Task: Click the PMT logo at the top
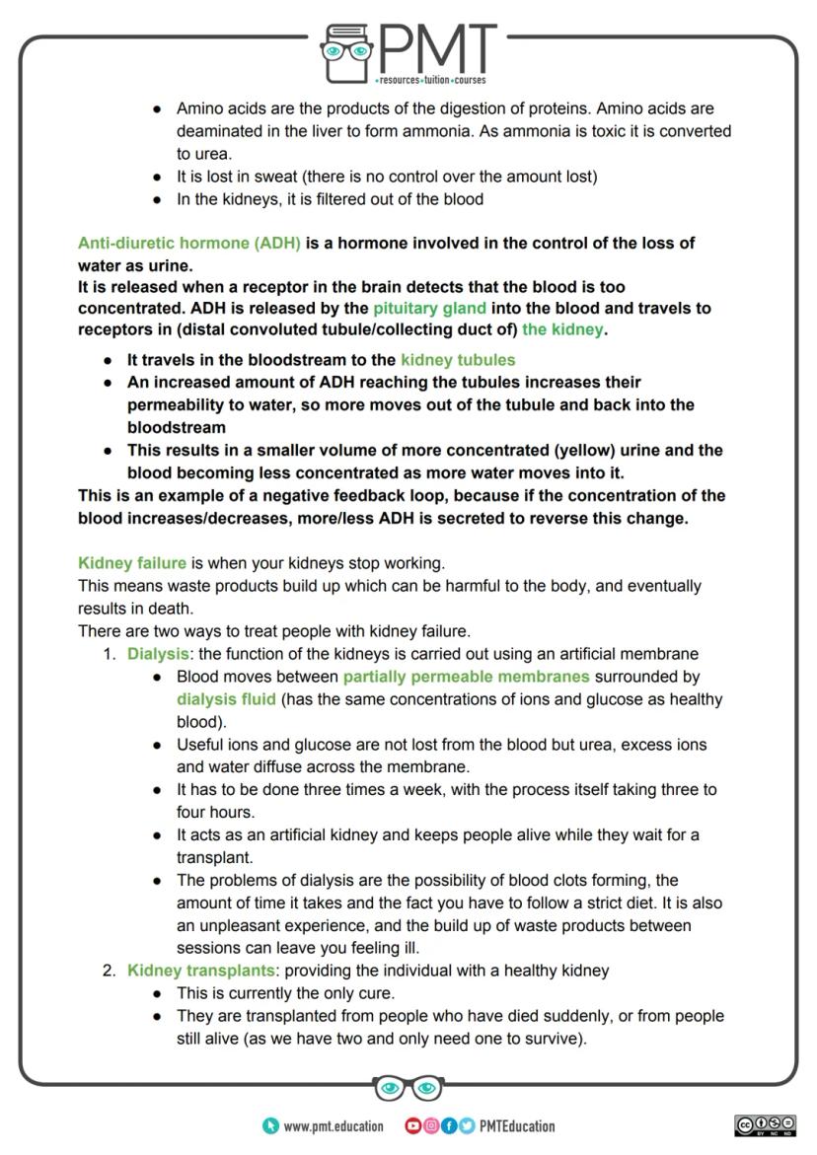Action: (408, 51)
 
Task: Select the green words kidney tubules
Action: (458, 360)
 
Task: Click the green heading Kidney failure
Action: (132, 563)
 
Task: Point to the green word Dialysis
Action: (158, 654)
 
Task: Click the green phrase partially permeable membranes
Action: (466, 677)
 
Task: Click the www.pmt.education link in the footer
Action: (334, 1126)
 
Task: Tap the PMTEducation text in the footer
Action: (517, 1126)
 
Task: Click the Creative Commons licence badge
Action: (765, 1125)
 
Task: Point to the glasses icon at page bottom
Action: (408, 1088)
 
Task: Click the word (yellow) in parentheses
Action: (595, 451)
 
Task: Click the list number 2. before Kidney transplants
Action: (110, 971)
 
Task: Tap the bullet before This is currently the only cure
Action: (158, 993)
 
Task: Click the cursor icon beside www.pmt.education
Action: (270, 1126)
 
